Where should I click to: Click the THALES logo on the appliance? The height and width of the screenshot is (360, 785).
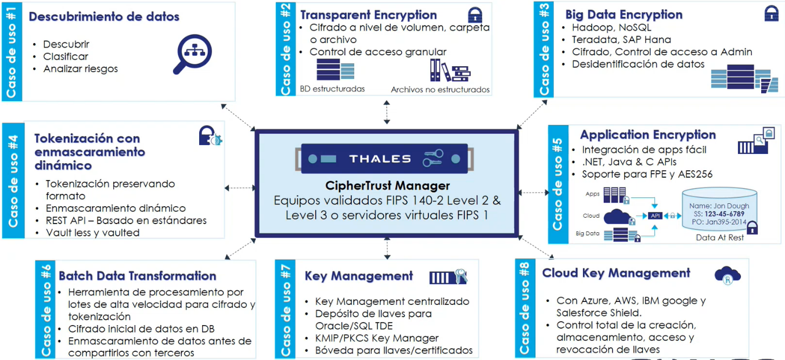pos(380,159)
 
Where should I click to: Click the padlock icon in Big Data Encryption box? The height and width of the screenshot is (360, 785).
pos(770,14)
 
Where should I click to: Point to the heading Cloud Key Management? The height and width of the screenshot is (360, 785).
pos(616,273)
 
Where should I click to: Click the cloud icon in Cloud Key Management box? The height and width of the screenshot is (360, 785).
pos(727,275)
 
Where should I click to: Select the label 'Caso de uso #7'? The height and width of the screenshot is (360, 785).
pos(286,309)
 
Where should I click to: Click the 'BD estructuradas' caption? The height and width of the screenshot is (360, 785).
pos(332,89)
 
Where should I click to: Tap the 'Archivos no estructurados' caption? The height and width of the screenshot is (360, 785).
pos(440,89)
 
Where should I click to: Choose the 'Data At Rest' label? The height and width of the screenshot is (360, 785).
pos(720,237)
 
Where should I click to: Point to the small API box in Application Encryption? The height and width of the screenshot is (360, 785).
pos(656,215)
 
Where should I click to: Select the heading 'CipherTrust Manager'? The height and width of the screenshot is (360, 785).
pos(387,186)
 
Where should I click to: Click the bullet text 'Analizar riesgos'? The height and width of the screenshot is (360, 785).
pos(80,69)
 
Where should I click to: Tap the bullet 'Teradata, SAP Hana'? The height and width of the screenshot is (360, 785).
pos(621,39)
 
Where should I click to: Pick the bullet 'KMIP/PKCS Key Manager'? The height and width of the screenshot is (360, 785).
pos(377,338)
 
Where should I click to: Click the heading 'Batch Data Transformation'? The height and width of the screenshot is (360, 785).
pos(138,276)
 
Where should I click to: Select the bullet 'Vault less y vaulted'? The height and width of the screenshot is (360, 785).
pos(93,232)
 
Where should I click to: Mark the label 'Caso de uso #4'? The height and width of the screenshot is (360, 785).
pos(13,180)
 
